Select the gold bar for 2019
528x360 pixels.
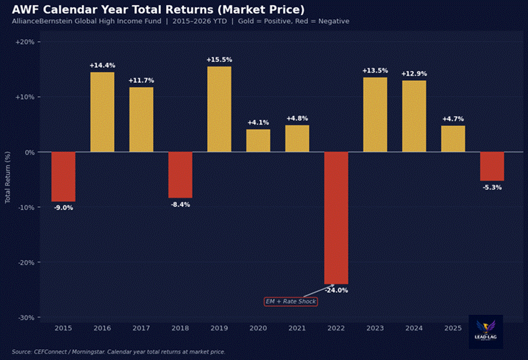[x=219, y=109]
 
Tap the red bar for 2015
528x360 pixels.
[x=63, y=177]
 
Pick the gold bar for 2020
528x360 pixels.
[x=258, y=140]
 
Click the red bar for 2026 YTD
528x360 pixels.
[x=492, y=166]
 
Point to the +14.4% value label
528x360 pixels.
[x=102, y=65]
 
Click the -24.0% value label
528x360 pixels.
[x=336, y=290]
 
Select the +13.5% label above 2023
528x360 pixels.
[x=375, y=71]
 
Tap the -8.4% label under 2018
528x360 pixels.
[x=180, y=204]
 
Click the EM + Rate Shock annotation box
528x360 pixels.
[x=291, y=301]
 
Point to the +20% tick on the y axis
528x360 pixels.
[x=28, y=42]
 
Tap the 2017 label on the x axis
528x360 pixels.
[x=141, y=328]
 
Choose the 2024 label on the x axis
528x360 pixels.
[x=414, y=328]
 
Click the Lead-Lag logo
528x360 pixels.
[x=486, y=331]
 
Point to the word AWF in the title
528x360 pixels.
[x=25, y=10]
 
